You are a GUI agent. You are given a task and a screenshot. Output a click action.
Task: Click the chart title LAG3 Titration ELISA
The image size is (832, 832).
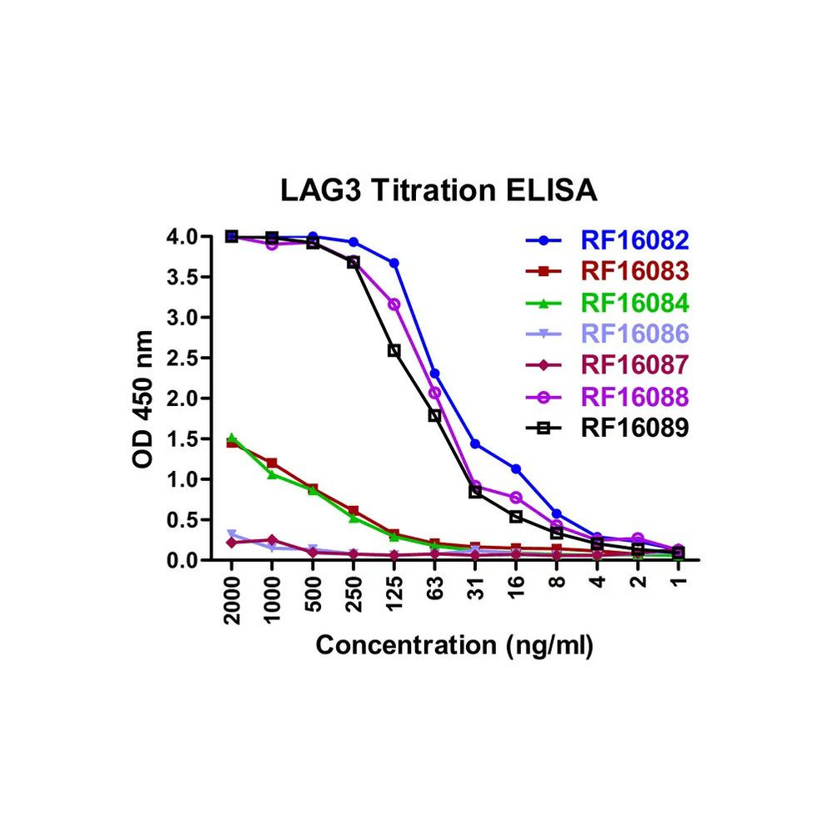[x=439, y=191]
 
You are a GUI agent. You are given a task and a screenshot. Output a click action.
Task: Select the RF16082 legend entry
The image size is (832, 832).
[x=634, y=241]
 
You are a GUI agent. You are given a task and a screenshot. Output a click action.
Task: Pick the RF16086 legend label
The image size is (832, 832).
[x=634, y=333]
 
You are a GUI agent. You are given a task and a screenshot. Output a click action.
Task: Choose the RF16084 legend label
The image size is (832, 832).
[x=634, y=303]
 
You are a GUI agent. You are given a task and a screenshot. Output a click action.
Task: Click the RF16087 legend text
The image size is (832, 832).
[x=634, y=364]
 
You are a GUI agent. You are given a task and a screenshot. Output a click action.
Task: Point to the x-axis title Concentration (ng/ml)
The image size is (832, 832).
[x=454, y=645]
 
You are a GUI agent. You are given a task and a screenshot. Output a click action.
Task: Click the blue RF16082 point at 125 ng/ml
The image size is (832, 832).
[x=394, y=263]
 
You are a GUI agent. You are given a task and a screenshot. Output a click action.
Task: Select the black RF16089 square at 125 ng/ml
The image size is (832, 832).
[x=394, y=351]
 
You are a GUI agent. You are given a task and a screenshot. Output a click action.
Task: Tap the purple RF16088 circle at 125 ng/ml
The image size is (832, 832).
[x=394, y=304]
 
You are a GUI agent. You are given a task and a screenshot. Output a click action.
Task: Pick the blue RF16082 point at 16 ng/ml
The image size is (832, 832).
[x=516, y=469]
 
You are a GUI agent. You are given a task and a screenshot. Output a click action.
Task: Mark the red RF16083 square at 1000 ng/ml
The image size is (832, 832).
[x=273, y=463]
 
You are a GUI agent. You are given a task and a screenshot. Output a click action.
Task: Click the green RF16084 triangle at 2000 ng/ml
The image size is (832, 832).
[x=232, y=438]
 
